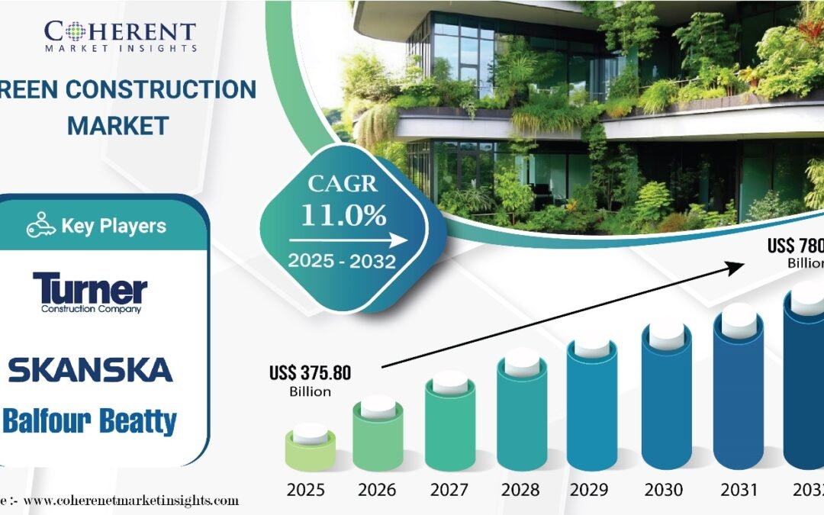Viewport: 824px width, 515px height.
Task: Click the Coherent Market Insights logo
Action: point(121,34)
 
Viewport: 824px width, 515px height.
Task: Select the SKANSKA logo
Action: point(90,369)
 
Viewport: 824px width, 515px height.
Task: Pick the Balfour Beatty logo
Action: point(90,421)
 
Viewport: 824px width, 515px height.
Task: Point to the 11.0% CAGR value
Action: point(343,215)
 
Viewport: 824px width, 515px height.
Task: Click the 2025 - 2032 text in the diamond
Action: point(341,262)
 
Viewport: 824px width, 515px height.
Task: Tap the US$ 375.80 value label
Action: point(310,373)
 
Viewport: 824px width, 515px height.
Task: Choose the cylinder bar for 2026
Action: point(378,439)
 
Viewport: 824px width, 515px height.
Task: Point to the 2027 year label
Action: point(449,488)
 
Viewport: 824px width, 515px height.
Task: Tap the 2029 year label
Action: point(594,488)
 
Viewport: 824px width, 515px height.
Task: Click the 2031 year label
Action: point(738,488)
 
